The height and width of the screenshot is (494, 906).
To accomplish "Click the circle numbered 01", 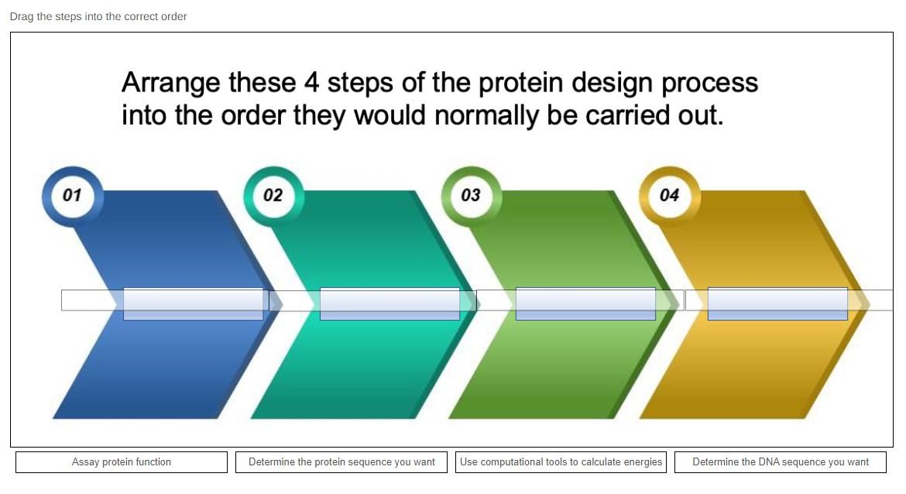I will pyautogui.click(x=71, y=195).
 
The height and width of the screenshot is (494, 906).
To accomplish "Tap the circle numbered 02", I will pyautogui.click(x=273, y=195).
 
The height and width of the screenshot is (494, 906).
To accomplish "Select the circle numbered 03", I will pyautogui.click(x=471, y=195).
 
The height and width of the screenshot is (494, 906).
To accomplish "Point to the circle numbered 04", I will pyautogui.click(x=669, y=195).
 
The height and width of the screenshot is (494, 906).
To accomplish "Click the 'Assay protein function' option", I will pyautogui.click(x=122, y=462).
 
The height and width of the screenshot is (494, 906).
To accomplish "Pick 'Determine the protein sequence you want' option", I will pyautogui.click(x=341, y=462).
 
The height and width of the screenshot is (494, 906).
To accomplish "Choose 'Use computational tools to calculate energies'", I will pyautogui.click(x=561, y=462).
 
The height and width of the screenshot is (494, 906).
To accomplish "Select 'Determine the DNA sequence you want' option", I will pyautogui.click(x=780, y=462).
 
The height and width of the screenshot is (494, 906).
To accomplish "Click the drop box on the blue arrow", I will pyautogui.click(x=193, y=304).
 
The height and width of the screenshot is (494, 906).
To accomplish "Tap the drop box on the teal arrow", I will pyautogui.click(x=390, y=304).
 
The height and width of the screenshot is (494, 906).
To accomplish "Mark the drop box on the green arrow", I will pyautogui.click(x=585, y=304).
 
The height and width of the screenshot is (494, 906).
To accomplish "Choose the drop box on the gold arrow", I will pyautogui.click(x=777, y=304).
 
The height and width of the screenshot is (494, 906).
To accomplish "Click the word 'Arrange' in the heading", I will pyautogui.click(x=170, y=83).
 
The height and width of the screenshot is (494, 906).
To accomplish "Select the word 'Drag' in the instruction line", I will pyautogui.click(x=21, y=16).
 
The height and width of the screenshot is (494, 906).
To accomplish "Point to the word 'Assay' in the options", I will pyautogui.click(x=85, y=462).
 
